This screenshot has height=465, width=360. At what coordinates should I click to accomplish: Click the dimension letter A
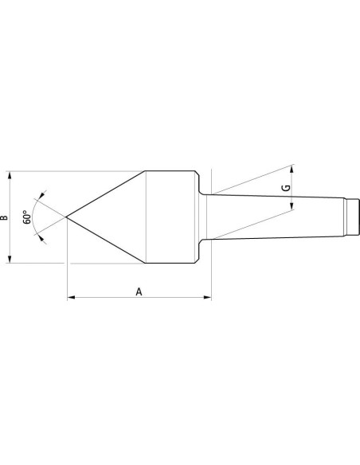click(139, 291)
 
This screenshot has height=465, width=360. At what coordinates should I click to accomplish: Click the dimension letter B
click(4, 217)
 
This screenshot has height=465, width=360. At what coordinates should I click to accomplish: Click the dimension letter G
click(286, 188)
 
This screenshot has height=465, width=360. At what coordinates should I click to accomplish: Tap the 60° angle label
click(27, 217)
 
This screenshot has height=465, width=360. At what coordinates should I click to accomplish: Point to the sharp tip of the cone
click(66, 217)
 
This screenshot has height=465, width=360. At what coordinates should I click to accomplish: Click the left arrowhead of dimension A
click(71, 297)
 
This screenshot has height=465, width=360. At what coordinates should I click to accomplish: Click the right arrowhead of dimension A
click(208, 297)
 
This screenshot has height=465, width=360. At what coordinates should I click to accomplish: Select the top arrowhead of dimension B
click(10, 174)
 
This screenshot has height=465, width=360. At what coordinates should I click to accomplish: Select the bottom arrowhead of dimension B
click(10, 260)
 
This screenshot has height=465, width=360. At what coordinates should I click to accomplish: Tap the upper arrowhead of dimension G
click(292, 169)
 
